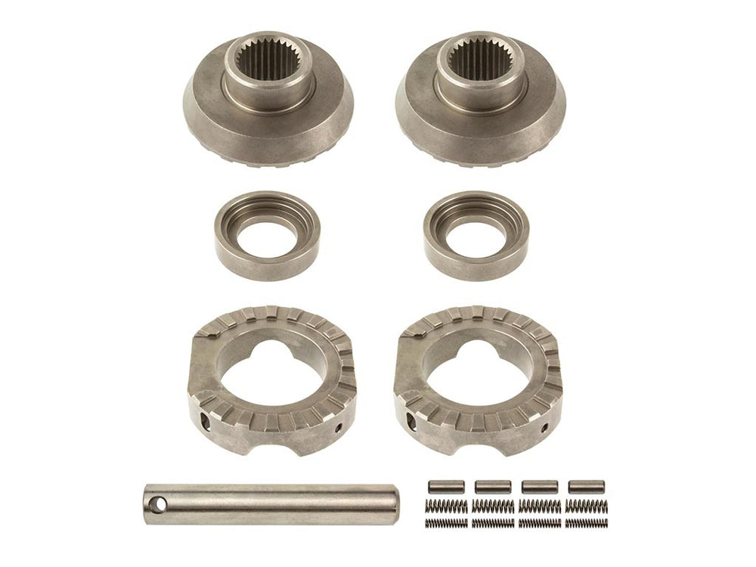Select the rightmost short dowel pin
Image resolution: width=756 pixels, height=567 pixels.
tap(586, 487)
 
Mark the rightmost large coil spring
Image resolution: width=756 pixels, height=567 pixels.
tap(587, 504)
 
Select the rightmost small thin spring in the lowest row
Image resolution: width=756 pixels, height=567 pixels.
tap(587, 522)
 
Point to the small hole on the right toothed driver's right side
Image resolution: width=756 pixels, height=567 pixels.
tap(546, 428)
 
